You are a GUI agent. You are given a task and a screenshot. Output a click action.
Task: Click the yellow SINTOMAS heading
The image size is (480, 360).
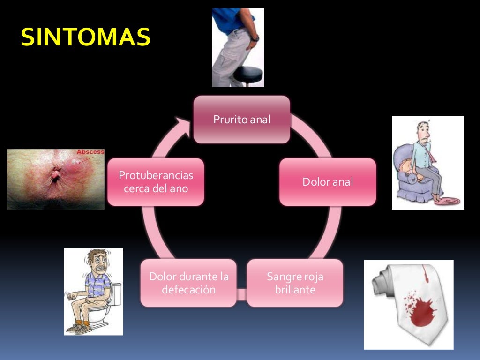(x=85, y=37)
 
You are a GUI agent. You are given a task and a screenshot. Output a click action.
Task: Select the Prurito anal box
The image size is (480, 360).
(x=242, y=120)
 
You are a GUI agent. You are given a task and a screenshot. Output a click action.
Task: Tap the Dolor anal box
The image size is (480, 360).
(x=328, y=182)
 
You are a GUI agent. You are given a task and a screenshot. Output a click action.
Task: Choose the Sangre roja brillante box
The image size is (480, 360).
(x=295, y=283)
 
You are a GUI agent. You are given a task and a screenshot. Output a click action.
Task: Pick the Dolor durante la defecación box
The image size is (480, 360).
(x=188, y=283)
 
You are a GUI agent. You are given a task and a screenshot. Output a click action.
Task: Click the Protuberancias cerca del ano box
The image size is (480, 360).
(x=156, y=182)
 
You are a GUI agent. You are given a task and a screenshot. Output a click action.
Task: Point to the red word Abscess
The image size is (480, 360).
(x=90, y=152)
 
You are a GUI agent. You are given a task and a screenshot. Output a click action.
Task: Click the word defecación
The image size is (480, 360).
(x=188, y=290)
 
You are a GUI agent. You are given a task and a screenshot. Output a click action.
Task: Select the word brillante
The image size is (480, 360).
(x=295, y=290)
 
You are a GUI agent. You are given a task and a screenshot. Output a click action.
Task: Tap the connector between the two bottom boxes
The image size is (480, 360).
(x=241, y=294)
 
